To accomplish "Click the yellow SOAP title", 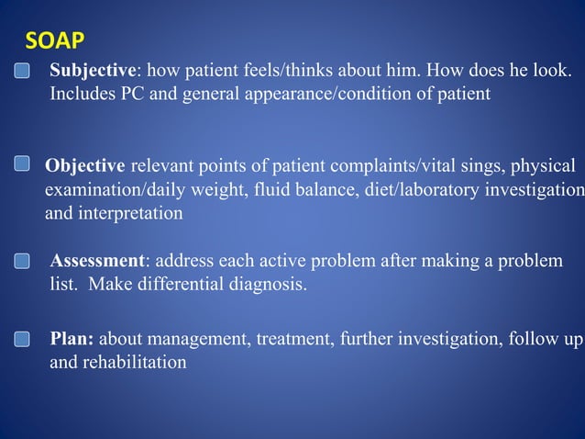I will point(54,40).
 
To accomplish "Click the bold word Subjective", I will point(93,70).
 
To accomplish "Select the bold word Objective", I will point(85,166).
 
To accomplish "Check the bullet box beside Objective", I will point(23,164).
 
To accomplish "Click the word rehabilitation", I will point(135,363).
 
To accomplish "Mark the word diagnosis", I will point(264,285).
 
